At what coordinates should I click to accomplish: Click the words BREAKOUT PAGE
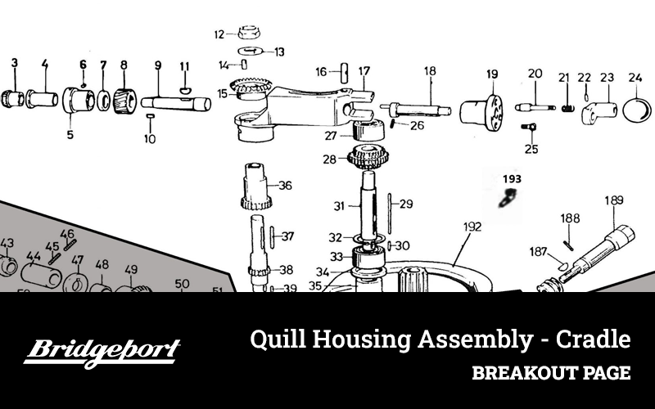tap(550, 374)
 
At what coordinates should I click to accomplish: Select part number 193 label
tap(512, 178)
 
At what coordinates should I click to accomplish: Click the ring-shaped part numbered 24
tap(635, 110)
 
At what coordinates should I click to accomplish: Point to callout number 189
tap(613, 200)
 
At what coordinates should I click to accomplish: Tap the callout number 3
tap(14, 63)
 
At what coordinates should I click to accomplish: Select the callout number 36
tap(284, 186)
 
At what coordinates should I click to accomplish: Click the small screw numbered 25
tap(529, 128)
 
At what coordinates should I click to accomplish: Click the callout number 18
tap(429, 71)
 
